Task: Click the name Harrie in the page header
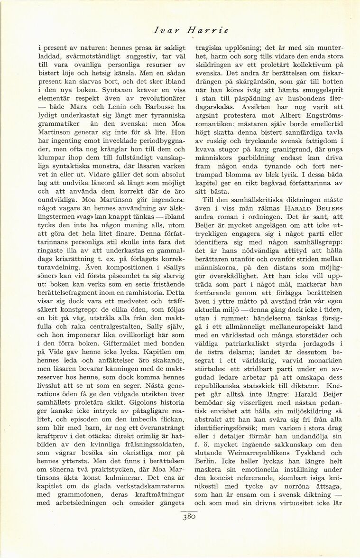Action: click(x=208, y=30)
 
